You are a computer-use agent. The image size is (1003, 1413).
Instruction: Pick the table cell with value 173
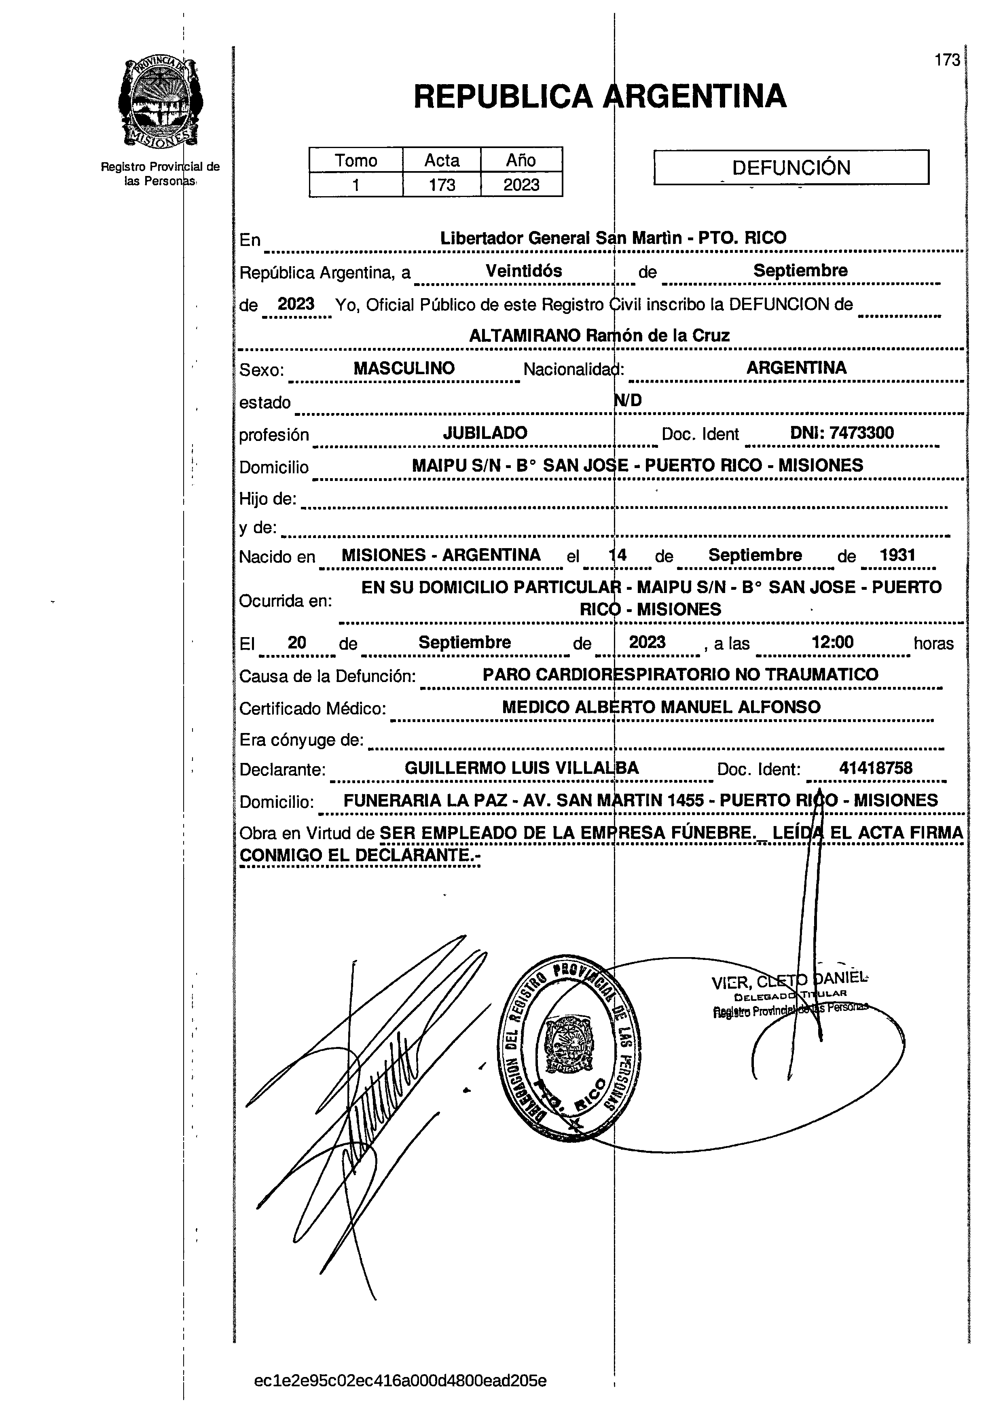pos(442,184)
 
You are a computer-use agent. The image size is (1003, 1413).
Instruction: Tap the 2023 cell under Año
pos(521,184)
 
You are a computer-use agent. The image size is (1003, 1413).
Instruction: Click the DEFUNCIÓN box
pos(791,167)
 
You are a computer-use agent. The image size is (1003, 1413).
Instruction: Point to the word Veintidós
pos(524,271)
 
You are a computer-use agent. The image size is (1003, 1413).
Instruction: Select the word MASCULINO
pos(404,369)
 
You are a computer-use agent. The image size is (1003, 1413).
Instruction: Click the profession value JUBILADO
pos(485,433)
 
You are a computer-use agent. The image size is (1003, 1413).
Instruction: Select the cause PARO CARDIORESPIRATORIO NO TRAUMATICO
pos(680,674)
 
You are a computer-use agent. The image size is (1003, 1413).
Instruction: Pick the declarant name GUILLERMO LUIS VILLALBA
pos(522,768)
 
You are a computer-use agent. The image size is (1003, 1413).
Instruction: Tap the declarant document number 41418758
pos(875,768)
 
